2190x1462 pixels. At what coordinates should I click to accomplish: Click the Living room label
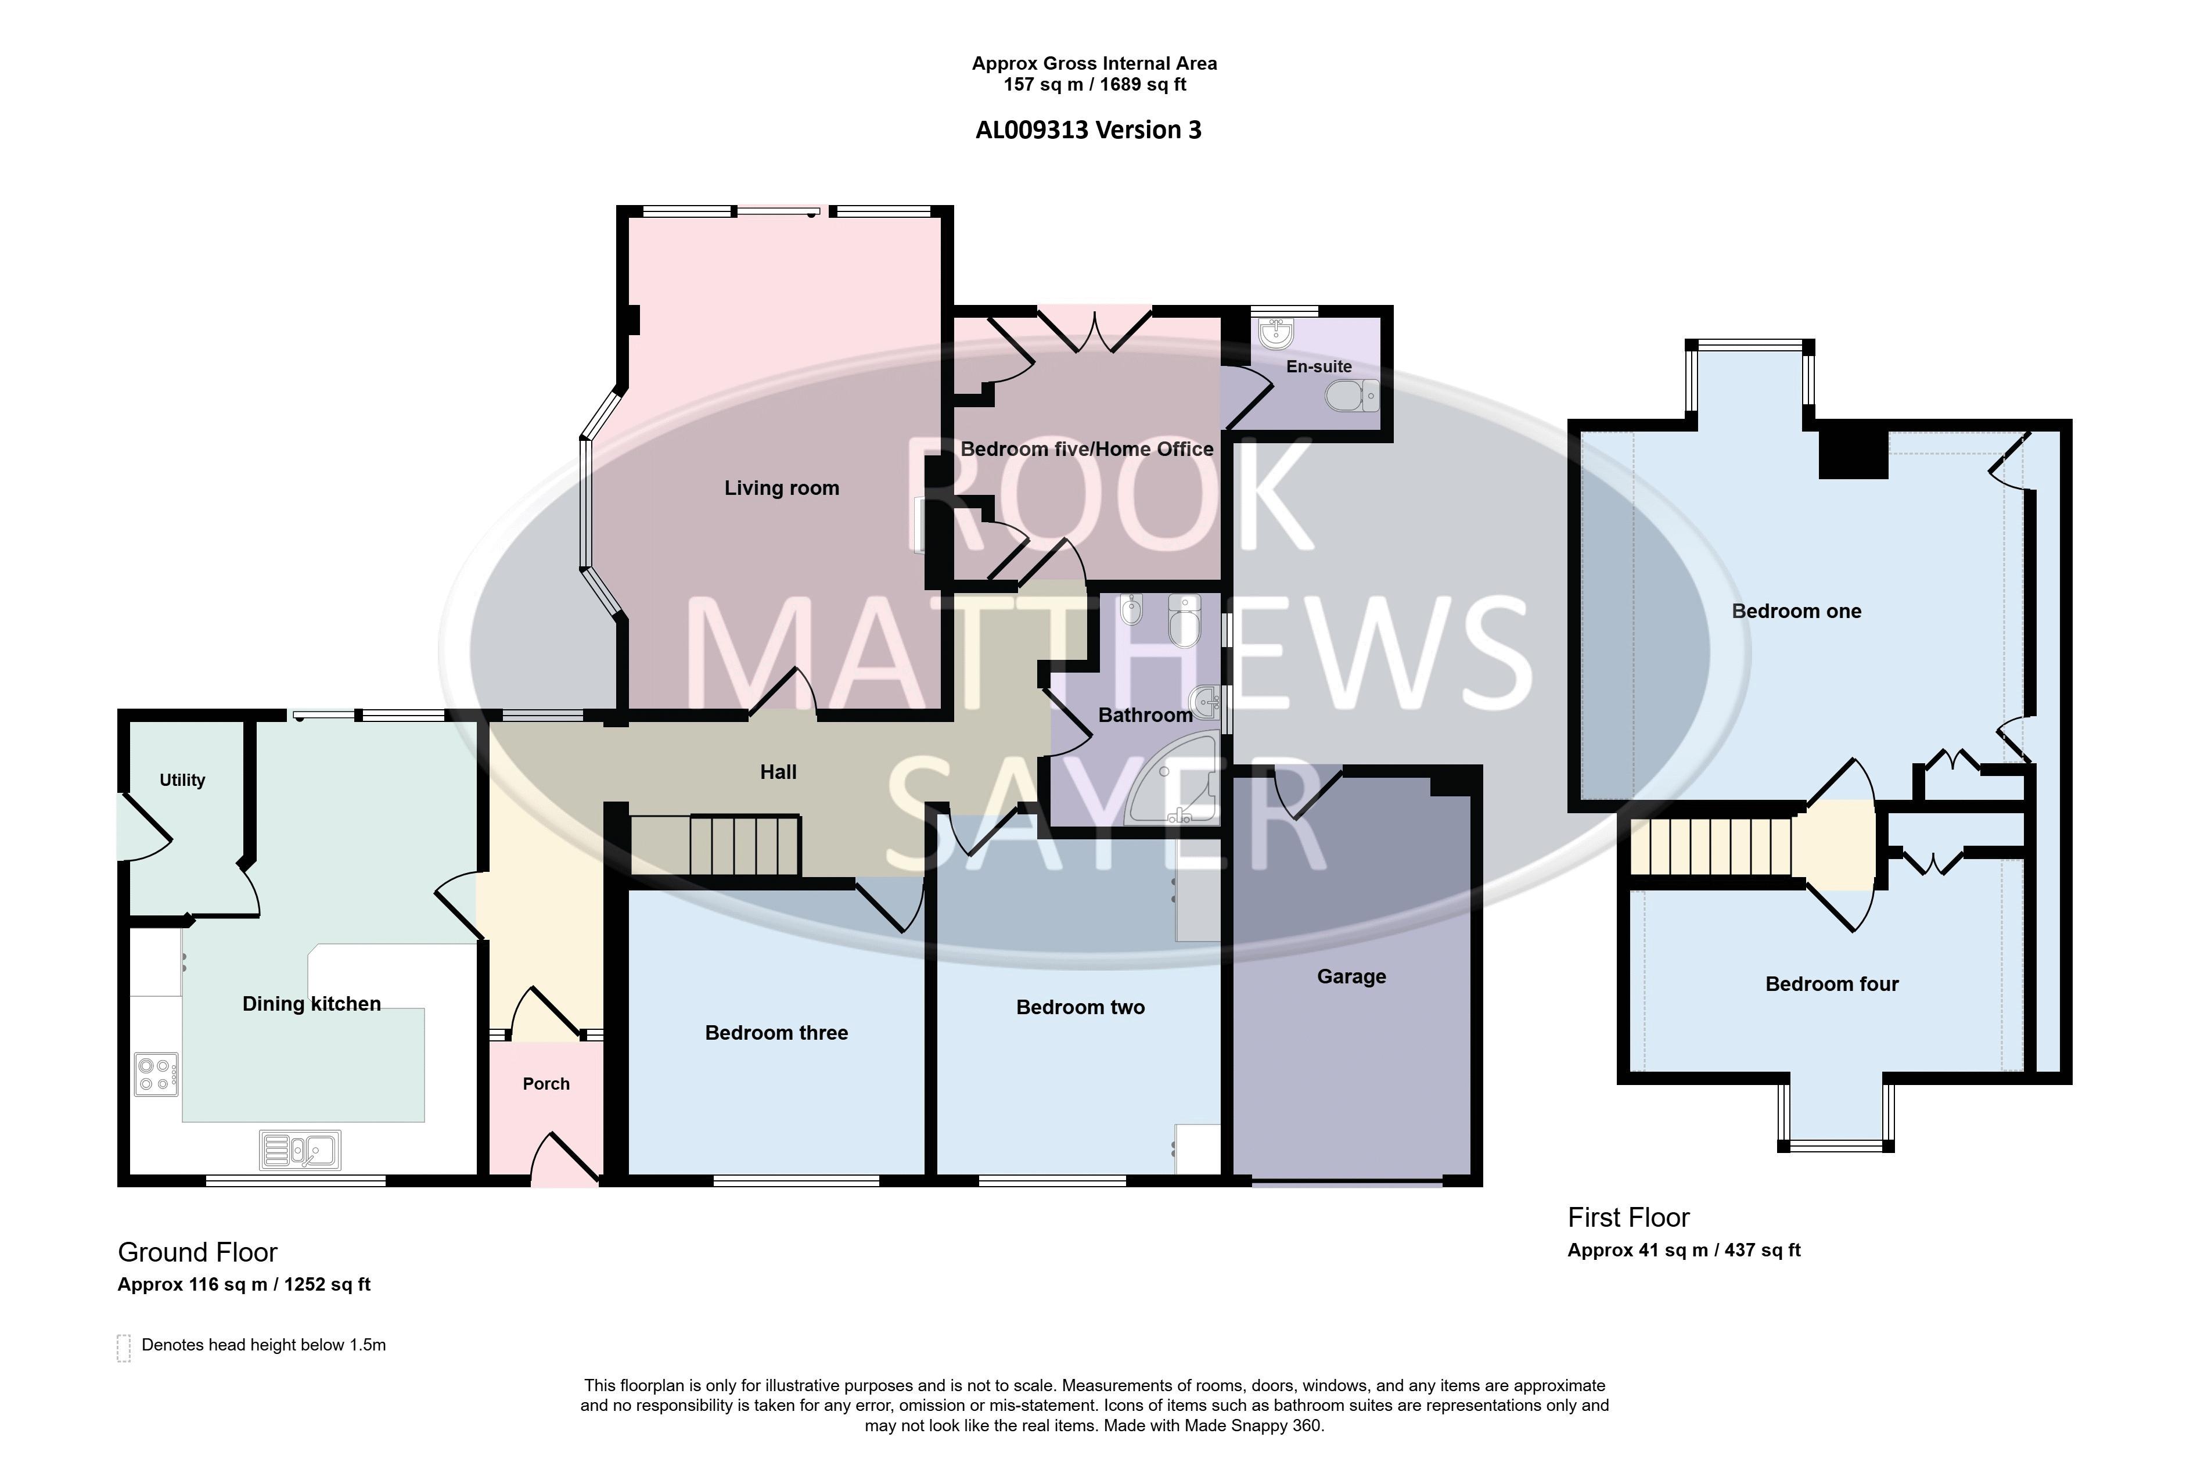(781, 488)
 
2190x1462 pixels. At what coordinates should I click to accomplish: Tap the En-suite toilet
(1352, 396)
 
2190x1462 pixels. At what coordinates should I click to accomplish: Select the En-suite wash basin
(1275, 332)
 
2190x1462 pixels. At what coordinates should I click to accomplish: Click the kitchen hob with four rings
(156, 1073)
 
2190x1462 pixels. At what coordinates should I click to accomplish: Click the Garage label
(1351, 976)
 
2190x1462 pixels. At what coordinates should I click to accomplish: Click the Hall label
(778, 772)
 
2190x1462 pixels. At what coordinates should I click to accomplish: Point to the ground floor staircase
(715, 845)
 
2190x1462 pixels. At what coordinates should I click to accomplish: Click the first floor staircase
(1711, 847)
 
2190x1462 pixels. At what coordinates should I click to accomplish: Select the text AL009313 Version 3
(1088, 130)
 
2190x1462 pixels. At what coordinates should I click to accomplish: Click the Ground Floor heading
(197, 1252)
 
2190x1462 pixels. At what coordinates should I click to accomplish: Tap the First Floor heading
(1629, 1217)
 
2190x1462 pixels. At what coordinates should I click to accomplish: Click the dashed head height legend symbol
(123, 1348)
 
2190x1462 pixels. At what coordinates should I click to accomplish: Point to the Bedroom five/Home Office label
(1087, 450)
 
